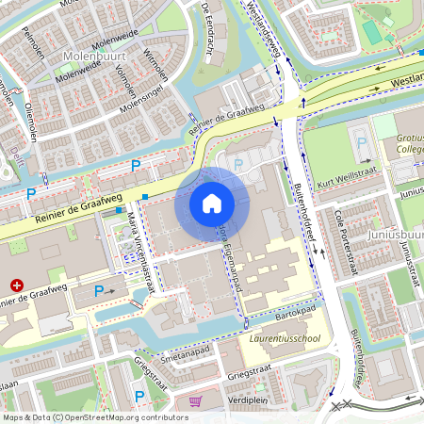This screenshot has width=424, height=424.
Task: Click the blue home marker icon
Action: [x=212, y=204]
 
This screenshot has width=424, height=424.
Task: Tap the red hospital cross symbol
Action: [x=16, y=284]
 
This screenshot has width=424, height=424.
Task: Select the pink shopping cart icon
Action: [x=195, y=401]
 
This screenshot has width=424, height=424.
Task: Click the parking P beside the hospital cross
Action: [x=99, y=292]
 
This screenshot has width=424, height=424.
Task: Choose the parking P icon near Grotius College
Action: [x=361, y=143]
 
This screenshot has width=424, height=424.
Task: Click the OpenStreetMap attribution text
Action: [x=95, y=416]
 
